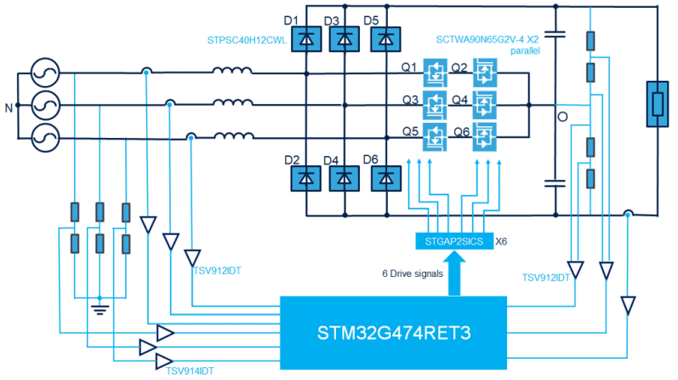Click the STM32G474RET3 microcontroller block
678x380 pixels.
coord(392,332)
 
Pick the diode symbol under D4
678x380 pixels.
coord(345,177)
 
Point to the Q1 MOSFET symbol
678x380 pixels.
coord(436,73)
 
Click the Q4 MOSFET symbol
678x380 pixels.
coord(486,105)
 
